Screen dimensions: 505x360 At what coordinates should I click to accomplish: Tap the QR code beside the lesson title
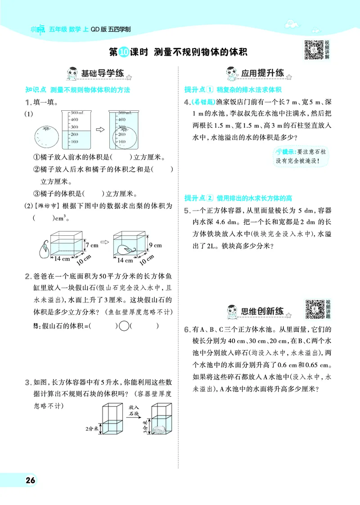point(314,50)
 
